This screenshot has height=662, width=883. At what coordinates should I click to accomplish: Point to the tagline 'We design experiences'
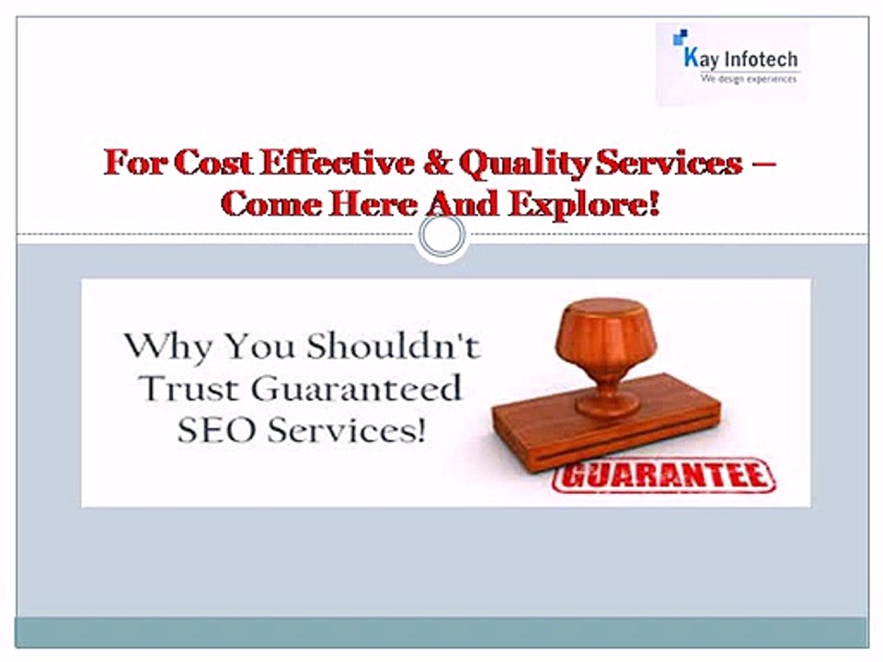click(749, 80)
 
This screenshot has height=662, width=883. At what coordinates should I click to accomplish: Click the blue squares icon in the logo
click(680, 38)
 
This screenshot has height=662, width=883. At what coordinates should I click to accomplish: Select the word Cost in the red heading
click(210, 164)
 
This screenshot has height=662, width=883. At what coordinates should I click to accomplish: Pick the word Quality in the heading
click(524, 164)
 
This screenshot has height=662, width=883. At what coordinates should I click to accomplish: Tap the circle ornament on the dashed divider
click(441, 234)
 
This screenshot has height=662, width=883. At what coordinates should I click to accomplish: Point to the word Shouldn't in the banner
click(394, 347)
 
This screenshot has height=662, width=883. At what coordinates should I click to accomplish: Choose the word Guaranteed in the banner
click(356, 390)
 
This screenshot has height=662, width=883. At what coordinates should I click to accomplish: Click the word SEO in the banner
click(212, 430)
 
